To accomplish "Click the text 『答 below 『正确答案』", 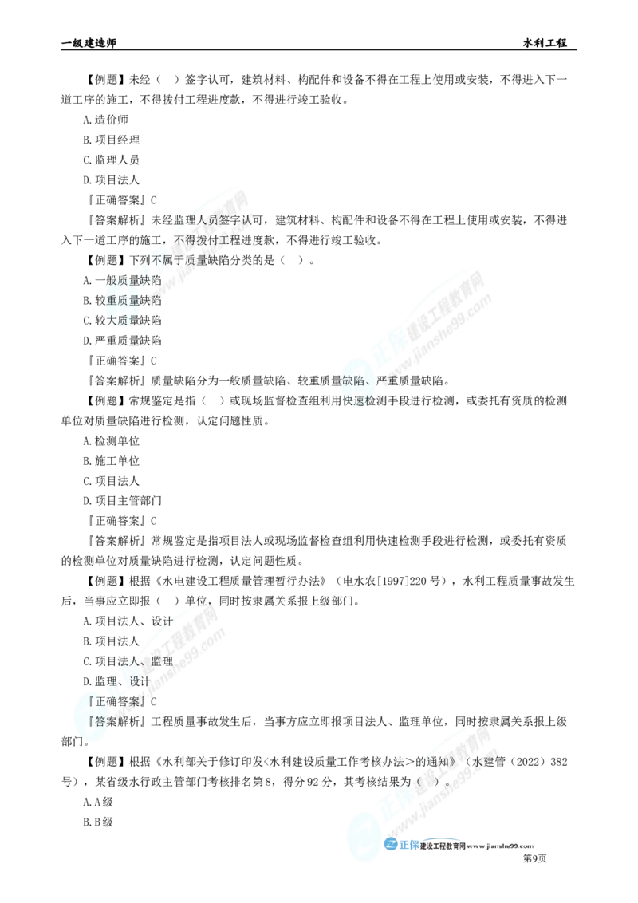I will point(101,721).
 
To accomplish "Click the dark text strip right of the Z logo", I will point(478,846).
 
